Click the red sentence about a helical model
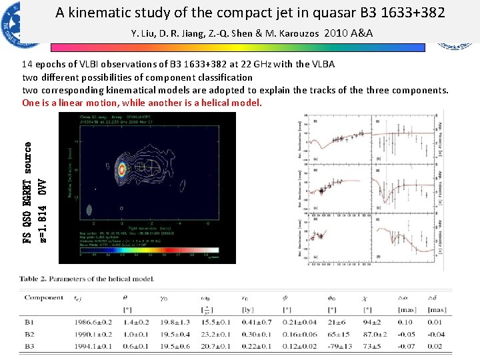click(142, 103)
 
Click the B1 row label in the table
click(29, 322)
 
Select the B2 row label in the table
click(29, 334)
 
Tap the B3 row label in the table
click(29, 346)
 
